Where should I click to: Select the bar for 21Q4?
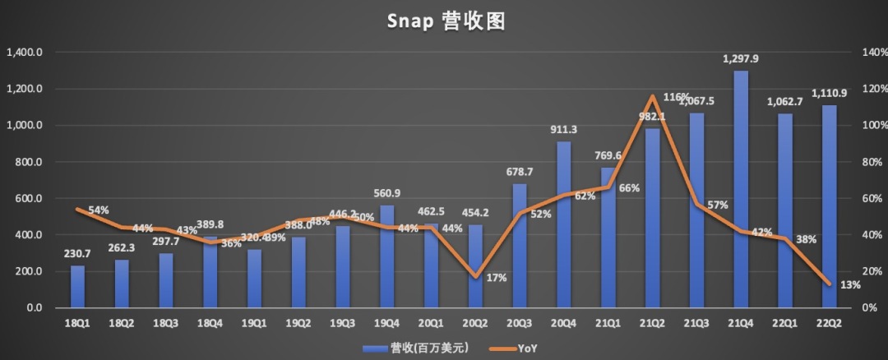coord(741,189)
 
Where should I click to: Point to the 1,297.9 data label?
coord(741,59)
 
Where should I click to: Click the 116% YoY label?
coord(676,97)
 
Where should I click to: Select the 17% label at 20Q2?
coord(497,278)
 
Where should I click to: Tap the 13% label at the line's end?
coord(850,285)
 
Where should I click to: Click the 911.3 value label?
coord(564,129)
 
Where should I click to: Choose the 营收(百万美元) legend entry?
coord(416,348)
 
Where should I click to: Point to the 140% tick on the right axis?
coord(871,53)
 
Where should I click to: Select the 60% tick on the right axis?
coord(871,199)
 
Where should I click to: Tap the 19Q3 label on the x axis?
coord(343,324)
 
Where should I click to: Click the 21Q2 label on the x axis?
coord(653,324)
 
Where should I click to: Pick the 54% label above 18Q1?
coord(99,210)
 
